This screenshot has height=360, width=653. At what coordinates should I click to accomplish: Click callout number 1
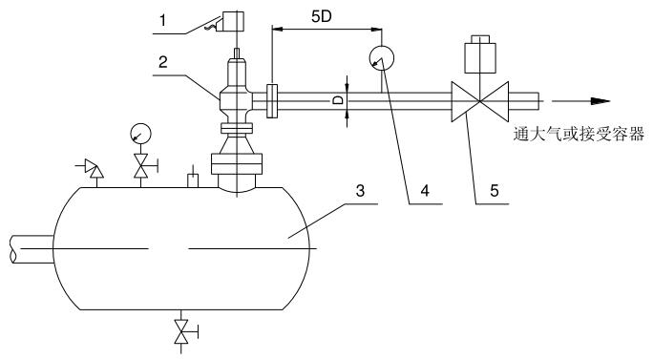pos(163,20)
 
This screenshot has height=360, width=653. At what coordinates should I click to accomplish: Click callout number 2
pos(163,62)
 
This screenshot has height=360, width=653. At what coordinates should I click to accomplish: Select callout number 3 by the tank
pos(360,190)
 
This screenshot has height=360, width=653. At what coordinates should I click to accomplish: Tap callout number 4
pos(425,190)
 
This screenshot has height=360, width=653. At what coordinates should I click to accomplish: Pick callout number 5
pos(495,190)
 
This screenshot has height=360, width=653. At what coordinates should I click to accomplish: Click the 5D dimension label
pos(322,16)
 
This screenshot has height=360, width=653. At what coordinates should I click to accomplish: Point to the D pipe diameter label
pos(339,100)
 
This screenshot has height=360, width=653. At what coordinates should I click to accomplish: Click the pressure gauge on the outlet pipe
pos(382,57)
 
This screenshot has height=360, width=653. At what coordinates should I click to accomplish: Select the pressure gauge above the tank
pos(140,134)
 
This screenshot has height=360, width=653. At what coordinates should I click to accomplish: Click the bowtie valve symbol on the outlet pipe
pos(480,101)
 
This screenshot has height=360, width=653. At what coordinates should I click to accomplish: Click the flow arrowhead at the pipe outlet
pos(600,101)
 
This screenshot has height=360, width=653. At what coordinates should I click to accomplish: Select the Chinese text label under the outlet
pos(579,134)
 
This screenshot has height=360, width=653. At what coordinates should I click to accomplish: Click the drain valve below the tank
pos(182,331)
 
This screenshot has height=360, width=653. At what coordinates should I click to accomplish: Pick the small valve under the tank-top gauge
pos(141,166)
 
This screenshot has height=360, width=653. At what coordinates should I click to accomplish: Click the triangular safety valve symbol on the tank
pos(94,168)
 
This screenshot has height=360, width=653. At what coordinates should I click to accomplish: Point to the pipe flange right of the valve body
pos(272,101)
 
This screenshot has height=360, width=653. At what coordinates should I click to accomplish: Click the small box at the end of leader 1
pos(233,21)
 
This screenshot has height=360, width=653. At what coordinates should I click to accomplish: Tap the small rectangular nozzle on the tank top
pos(193,180)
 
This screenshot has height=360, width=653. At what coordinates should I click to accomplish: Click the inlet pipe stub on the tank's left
pos(32,249)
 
